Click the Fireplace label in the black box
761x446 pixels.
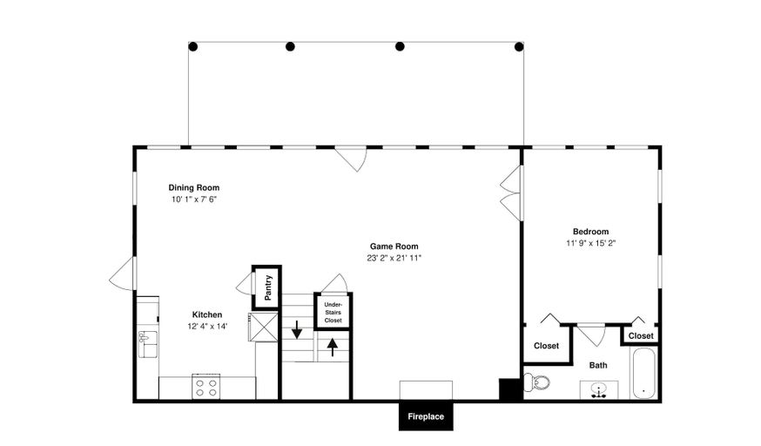point(426,416)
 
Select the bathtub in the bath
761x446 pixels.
point(643,373)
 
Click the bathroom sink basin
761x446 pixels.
point(599,389)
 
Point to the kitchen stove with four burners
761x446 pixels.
point(205,386)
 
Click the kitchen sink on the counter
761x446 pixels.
point(147,343)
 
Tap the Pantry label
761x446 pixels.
point(268,287)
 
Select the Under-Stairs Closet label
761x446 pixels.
point(333,313)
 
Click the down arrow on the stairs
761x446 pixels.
point(297,329)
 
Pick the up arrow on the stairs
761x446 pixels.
point(333,347)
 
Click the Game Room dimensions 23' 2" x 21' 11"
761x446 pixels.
point(394,258)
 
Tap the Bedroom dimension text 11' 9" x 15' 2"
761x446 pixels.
point(590,243)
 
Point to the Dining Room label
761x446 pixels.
point(194,187)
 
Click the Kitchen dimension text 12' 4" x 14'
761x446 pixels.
point(207,326)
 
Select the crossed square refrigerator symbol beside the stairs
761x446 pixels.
point(264,327)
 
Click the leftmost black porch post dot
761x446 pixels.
point(192,46)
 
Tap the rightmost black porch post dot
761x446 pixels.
point(519,46)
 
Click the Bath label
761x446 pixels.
point(598,365)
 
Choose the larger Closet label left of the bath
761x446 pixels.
point(547,346)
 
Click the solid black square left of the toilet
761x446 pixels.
point(509,389)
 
